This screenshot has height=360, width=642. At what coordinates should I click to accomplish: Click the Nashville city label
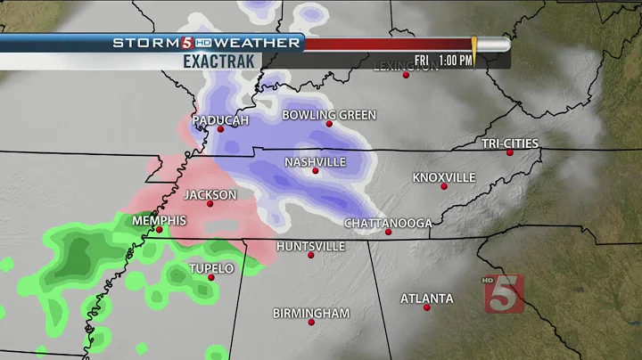pyautogui.click(x=315, y=162)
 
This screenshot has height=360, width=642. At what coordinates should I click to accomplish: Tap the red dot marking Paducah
pyautogui.click(x=220, y=130)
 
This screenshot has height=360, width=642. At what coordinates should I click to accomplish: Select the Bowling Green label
pyautogui.click(x=329, y=115)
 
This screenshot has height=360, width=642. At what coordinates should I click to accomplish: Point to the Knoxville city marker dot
pyautogui.click(x=444, y=186)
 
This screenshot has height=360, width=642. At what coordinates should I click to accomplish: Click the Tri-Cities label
pyautogui.click(x=510, y=143)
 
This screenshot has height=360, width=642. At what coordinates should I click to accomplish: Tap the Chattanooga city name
pyautogui.click(x=388, y=223)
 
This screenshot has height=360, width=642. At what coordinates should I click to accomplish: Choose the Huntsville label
pyautogui.click(x=310, y=245)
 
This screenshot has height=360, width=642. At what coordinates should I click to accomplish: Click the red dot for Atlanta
pyautogui.click(x=427, y=307)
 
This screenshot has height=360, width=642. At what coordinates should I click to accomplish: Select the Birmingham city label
pyautogui.click(x=311, y=314)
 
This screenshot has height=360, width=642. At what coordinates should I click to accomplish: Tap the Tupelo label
pyautogui.click(x=211, y=268)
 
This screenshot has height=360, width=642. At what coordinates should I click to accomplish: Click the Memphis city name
pyautogui.click(x=159, y=220)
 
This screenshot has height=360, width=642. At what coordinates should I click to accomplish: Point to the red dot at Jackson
pyautogui.click(x=210, y=204)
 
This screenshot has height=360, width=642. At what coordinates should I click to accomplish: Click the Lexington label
pyautogui.click(x=406, y=66)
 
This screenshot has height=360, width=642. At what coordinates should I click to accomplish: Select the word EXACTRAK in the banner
pyautogui.click(x=219, y=61)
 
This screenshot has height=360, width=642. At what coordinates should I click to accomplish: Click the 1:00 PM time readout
pyautogui.click(x=455, y=60)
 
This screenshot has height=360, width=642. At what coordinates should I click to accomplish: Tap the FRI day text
pyautogui.click(x=422, y=60)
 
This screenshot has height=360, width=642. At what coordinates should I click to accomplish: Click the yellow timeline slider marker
pyautogui.click(x=474, y=50)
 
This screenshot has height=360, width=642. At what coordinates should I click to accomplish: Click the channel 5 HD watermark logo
pyautogui.click(x=504, y=291)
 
